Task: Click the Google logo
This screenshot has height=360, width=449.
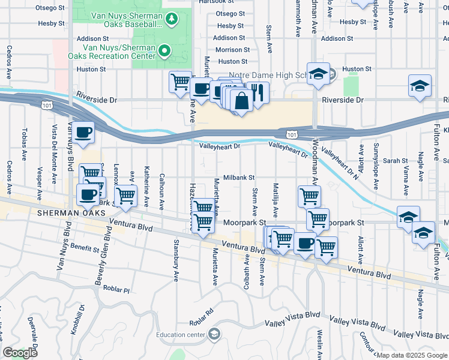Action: [20, 353]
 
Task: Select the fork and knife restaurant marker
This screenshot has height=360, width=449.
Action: [259, 93]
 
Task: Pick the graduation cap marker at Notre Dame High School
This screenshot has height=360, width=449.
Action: [318, 74]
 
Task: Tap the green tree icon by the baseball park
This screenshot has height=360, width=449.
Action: [172, 20]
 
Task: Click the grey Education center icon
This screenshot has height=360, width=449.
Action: [214, 335]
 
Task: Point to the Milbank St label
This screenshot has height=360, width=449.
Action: [240, 178]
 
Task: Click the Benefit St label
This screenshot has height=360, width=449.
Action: [84, 248]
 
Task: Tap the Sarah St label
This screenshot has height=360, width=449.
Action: [396, 161]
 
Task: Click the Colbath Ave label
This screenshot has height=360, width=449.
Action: [247, 272]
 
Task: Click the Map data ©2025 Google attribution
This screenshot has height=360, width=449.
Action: [411, 355]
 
